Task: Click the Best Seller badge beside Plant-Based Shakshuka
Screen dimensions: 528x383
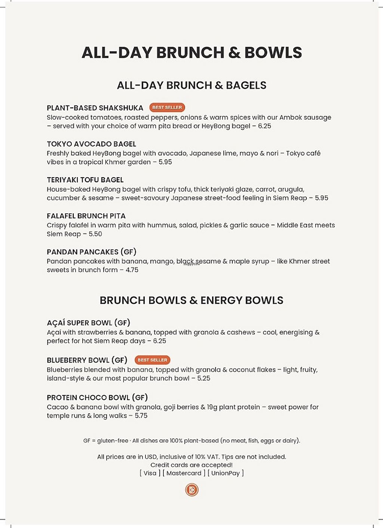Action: pyautogui.click(x=167, y=108)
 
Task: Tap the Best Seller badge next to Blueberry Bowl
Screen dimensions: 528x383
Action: pyautogui.click(x=152, y=360)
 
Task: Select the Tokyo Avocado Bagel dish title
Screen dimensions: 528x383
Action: pyautogui.click(x=91, y=144)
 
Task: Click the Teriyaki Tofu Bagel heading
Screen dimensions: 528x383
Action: pyautogui.click(x=85, y=180)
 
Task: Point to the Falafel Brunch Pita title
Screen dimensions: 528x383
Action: pyautogui.click(x=86, y=216)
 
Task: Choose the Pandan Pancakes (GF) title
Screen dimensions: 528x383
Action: pyautogui.click(x=91, y=252)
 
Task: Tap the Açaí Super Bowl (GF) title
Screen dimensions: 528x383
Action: pyautogui.click(x=88, y=323)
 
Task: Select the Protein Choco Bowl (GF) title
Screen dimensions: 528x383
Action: pyautogui.click(x=97, y=398)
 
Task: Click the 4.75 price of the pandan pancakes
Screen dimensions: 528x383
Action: pyautogui.click(x=132, y=270)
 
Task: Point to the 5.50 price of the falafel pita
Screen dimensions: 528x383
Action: pyautogui.click(x=95, y=234)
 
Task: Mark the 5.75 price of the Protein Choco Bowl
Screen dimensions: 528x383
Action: pyautogui.click(x=141, y=416)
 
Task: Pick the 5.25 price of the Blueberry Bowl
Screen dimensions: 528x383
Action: pyautogui.click(x=204, y=378)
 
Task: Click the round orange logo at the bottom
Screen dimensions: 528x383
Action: pyautogui.click(x=192, y=490)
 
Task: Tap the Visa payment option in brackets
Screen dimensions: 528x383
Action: pyautogui.click(x=150, y=473)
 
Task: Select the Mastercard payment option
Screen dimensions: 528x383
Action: pyautogui.click(x=184, y=473)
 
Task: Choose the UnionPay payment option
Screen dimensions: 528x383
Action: pyautogui.click(x=226, y=473)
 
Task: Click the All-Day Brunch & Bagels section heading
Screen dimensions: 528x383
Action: pyautogui.click(x=191, y=85)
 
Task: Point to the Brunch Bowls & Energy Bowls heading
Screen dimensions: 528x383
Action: pyautogui.click(x=191, y=300)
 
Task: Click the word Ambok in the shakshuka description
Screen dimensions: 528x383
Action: pyautogui.click(x=290, y=117)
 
